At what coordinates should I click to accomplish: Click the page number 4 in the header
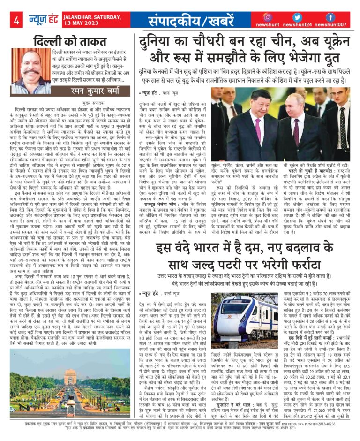coord(16,21)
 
